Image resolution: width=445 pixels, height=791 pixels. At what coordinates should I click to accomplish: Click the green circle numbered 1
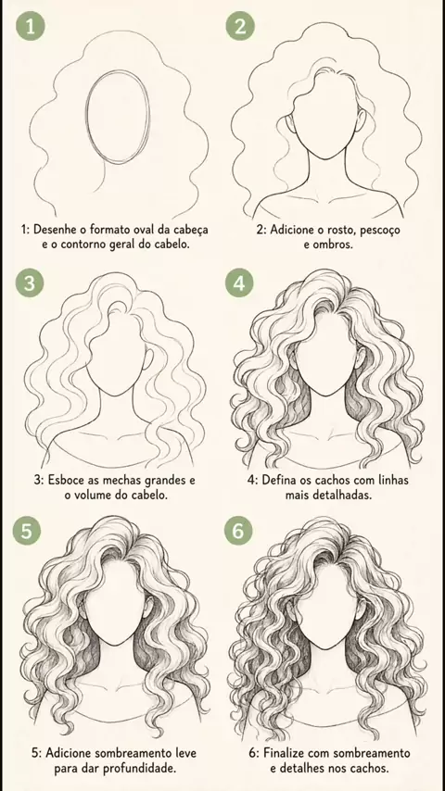(31, 26)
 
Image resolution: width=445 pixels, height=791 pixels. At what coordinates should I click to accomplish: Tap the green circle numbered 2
(240, 26)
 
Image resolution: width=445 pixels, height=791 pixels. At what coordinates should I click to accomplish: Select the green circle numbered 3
(30, 282)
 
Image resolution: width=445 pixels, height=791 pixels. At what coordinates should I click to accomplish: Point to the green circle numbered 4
(239, 282)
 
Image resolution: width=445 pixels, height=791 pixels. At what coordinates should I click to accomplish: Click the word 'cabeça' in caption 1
(189, 230)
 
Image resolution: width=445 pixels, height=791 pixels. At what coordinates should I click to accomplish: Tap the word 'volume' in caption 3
(107, 495)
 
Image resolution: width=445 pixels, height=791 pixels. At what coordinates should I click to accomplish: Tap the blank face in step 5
(115, 606)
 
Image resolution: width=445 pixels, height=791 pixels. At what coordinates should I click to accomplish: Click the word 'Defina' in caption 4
(276, 479)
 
